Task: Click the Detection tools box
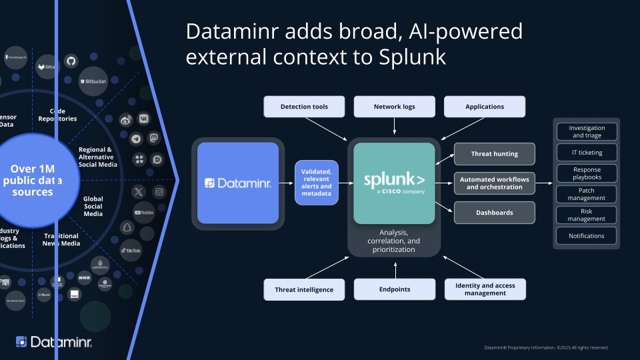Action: pyautogui.click(x=304, y=107)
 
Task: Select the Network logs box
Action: pyautogui.click(x=394, y=107)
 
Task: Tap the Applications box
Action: pyautogui.click(x=485, y=107)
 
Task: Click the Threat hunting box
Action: pyautogui.click(x=495, y=154)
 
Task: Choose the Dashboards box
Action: pyautogui.click(x=495, y=213)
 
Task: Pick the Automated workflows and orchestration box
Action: pyautogui.click(x=495, y=183)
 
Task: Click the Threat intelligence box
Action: pyautogui.click(x=304, y=289)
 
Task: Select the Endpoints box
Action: pyautogui.click(x=395, y=289)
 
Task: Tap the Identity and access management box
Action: pyautogui.click(x=485, y=289)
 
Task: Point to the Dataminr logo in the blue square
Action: pyautogui.click(x=237, y=182)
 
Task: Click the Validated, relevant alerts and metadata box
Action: pyautogui.click(x=316, y=182)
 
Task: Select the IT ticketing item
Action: pyautogui.click(x=587, y=153)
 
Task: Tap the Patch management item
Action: pyautogui.click(x=587, y=194)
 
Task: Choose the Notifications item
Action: pyautogui.click(x=587, y=235)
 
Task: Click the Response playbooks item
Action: pyautogui.click(x=587, y=173)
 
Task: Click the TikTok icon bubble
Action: pyautogui.click(x=131, y=250)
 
